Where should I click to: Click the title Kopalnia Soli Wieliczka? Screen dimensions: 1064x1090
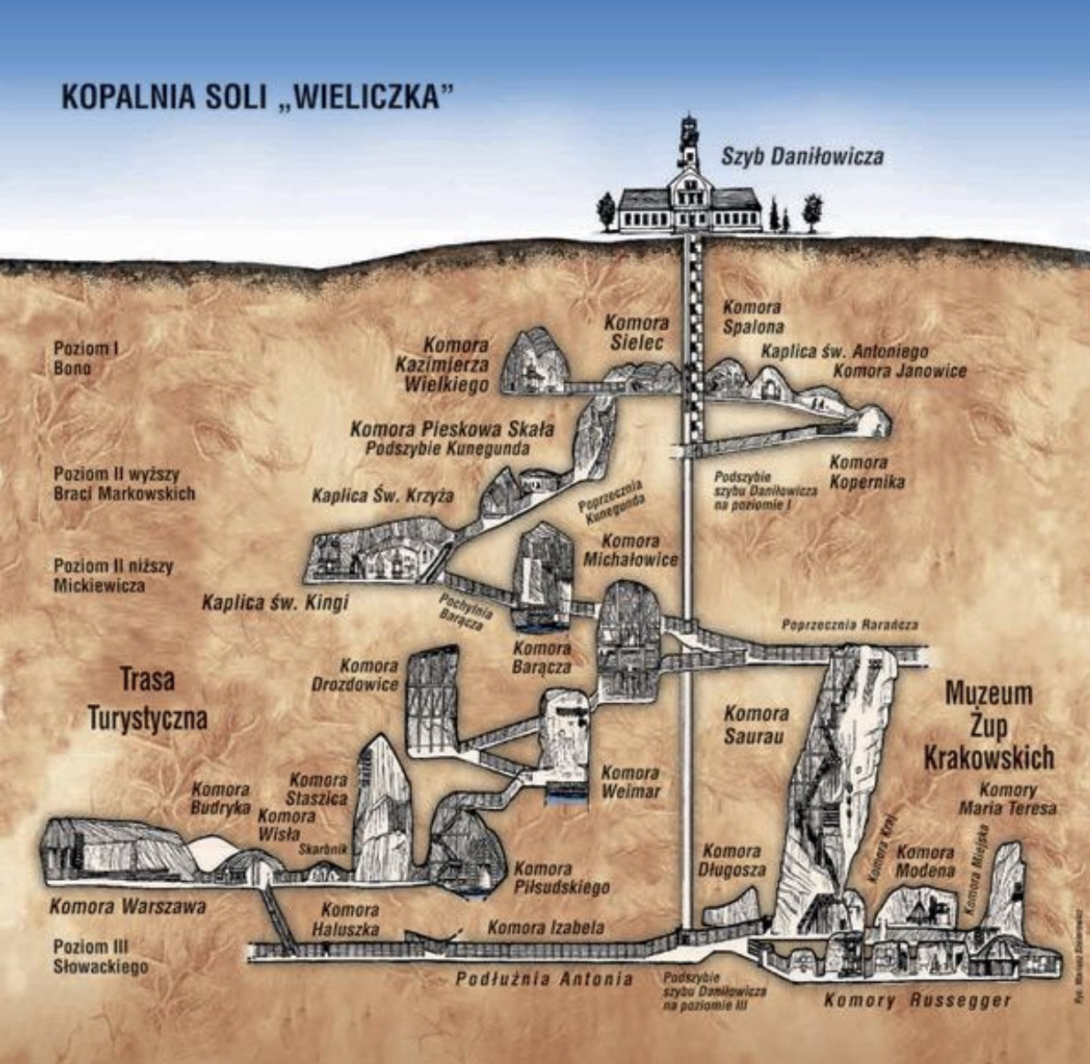pos(250,96)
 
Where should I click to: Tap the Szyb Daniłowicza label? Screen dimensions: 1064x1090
pos(801,157)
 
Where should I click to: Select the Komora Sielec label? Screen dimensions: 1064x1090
pos(636,333)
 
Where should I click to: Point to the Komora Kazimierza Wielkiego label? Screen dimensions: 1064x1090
pos(456,364)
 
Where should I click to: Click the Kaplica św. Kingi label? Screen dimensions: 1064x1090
pos(275,603)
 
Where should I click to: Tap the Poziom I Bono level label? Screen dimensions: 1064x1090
pos(86,358)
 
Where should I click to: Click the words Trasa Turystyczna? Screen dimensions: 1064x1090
pos(147,699)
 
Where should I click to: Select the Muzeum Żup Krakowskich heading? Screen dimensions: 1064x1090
pos(988,725)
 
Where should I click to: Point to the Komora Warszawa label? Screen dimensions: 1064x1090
pos(127,907)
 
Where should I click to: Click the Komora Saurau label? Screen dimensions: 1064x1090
pos(756,723)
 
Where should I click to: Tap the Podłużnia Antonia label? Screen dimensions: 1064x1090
pos(544,979)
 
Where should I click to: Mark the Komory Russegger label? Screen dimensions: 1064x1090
pos(917,1000)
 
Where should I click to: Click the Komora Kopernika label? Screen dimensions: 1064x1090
pos(865,472)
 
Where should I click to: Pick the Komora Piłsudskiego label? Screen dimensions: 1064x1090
pos(561,877)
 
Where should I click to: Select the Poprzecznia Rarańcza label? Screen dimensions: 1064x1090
pos(850,624)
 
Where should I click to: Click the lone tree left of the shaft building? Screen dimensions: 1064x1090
pos(606,212)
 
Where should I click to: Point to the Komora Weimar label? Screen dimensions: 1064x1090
pos(630,782)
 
